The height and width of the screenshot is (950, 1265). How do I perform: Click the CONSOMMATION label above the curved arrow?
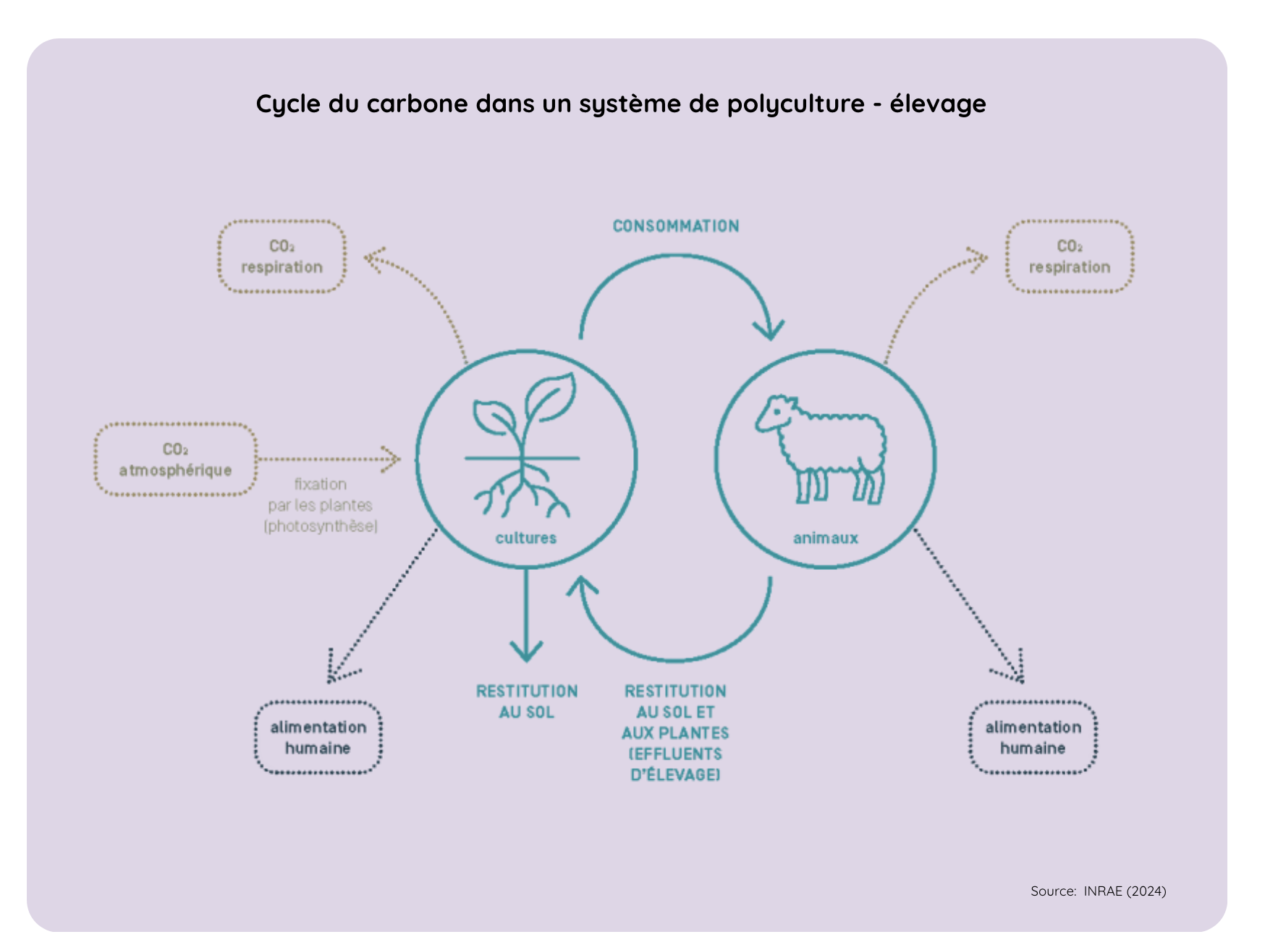(675, 226)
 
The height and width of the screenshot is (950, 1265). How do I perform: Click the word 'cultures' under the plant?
(525, 538)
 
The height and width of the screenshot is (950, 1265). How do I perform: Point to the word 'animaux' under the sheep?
(825, 538)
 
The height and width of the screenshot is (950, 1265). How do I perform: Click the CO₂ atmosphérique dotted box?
(175, 460)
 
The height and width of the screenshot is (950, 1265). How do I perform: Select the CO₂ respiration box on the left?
(282, 256)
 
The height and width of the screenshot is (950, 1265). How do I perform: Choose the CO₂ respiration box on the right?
(1069, 256)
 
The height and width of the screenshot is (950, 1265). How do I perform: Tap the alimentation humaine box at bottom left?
(318, 737)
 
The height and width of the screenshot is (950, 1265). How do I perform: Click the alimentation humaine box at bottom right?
(1033, 737)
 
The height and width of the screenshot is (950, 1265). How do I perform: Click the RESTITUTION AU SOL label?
(526, 701)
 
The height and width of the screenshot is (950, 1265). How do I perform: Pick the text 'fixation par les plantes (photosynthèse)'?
(321, 505)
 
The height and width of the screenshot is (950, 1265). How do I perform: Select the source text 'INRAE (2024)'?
(1125, 891)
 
